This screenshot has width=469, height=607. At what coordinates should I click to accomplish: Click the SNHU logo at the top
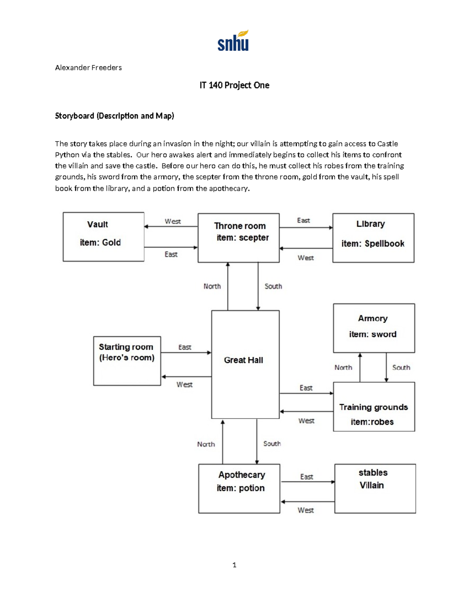[x=233, y=41]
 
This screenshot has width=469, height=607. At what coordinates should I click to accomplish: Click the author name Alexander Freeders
[x=88, y=68]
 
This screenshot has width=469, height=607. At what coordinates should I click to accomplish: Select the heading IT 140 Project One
[x=234, y=85]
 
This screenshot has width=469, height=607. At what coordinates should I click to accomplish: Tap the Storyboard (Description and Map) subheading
[x=115, y=116]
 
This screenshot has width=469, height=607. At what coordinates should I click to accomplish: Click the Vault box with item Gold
[x=104, y=237]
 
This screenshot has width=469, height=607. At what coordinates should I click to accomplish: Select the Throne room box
[x=238, y=238]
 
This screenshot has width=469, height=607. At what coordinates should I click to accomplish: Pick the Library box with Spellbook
[x=373, y=238]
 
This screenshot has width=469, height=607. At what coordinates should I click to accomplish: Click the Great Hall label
[x=243, y=360]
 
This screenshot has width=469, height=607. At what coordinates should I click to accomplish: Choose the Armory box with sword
[x=374, y=328]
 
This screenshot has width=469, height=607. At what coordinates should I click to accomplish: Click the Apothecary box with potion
[x=239, y=488]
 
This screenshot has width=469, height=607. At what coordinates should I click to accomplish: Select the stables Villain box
[x=375, y=488]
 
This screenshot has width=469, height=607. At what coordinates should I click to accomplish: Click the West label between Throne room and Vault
[x=172, y=221]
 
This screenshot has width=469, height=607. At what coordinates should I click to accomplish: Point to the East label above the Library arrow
[x=303, y=220]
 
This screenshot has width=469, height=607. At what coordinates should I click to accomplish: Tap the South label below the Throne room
[x=273, y=286]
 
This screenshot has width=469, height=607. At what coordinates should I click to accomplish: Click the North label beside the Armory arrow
[x=343, y=367]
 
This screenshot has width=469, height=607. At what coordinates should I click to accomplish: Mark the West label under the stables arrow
[x=305, y=510]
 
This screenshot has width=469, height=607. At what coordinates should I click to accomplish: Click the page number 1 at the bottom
[x=234, y=565]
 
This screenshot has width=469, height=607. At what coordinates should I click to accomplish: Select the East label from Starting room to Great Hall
[x=184, y=347]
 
